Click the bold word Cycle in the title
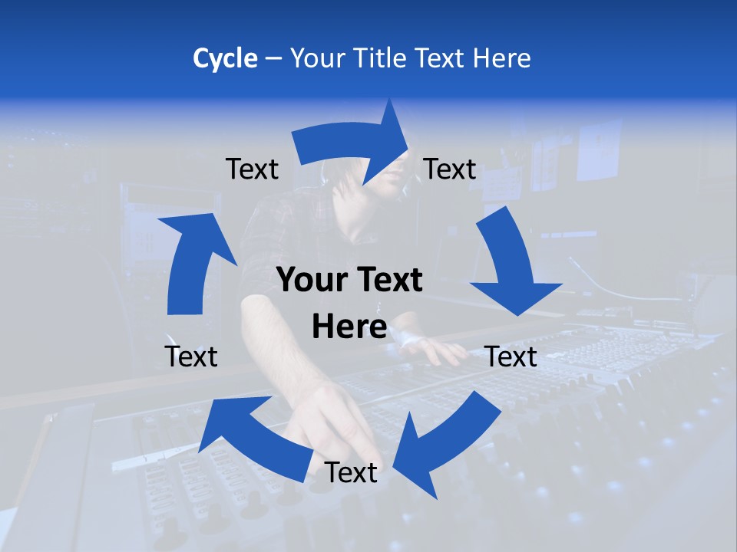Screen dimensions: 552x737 point(225,58)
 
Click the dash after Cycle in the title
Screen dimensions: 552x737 point(273,59)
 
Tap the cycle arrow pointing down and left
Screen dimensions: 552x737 point(445,445)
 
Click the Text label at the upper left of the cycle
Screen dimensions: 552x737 point(252,169)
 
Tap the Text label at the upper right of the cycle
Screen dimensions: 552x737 point(450,169)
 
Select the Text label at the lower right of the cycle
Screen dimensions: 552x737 point(511,356)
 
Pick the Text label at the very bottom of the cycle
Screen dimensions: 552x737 point(351,473)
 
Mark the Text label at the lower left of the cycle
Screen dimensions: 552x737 point(191,356)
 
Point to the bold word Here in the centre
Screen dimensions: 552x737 point(349,327)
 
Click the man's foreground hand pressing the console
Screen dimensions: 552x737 point(338,422)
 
